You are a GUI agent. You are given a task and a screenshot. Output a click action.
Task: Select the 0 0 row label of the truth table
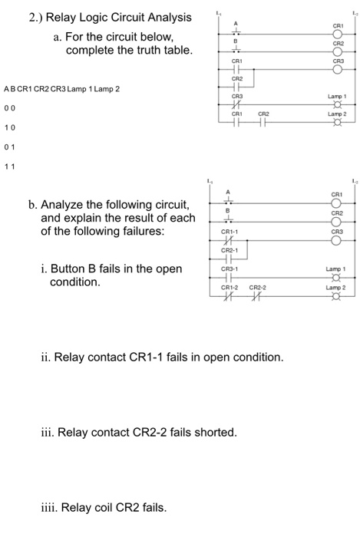click(x=8, y=107)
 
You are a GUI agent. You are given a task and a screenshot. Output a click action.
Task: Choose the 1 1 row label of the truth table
click(x=8, y=163)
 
